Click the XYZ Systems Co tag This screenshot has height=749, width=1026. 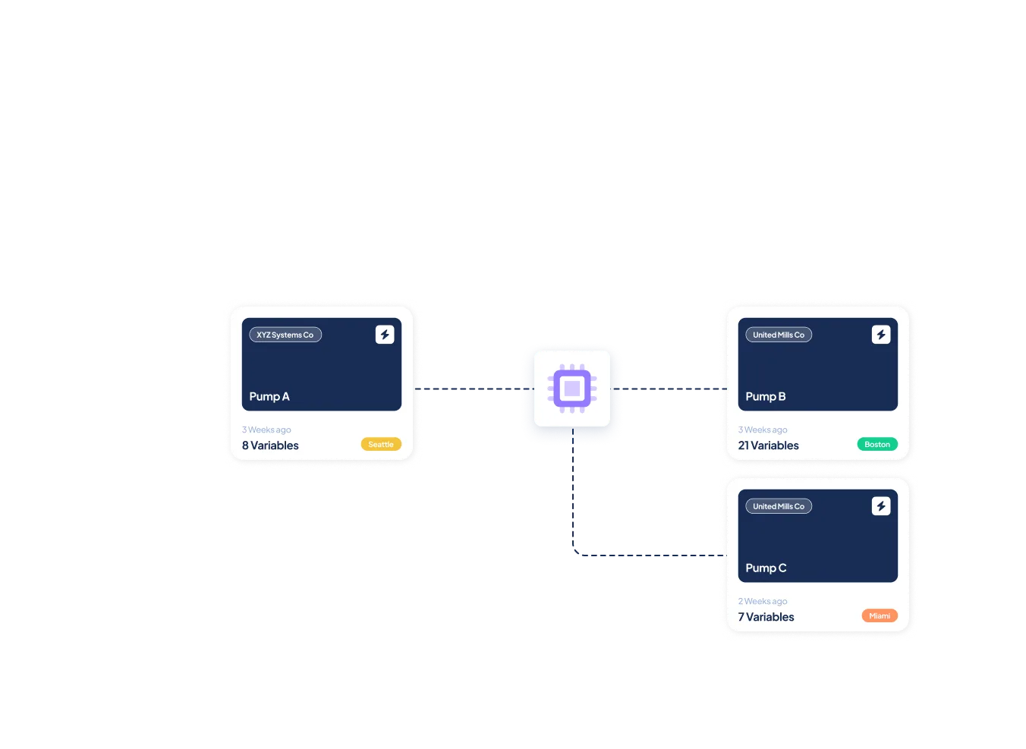click(x=285, y=335)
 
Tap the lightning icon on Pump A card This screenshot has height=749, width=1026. click(x=385, y=335)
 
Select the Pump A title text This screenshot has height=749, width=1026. click(x=269, y=396)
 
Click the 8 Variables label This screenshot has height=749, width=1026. click(x=270, y=445)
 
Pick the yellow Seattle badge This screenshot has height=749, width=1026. click(x=381, y=445)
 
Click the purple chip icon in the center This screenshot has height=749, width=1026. click(x=572, y=389)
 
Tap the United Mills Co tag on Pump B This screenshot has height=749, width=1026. click(x=779, y=335)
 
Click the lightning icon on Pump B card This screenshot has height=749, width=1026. click(x=881, y=335)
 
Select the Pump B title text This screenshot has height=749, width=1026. click(x=766, y=396)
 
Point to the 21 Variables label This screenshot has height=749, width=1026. click(x=769, y=445)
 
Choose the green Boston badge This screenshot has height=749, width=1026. click(x=877, y=445)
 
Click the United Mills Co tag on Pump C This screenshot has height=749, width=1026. click(x=779, y=506)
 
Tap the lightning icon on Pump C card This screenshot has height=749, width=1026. click(x=881, y=506)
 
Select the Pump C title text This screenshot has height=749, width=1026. click(x=766, y=568)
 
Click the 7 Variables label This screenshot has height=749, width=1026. click(x=766, y=617)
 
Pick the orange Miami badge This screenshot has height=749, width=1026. click(x=880, y=616)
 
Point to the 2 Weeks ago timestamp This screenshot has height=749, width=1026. click(x=763, y=601)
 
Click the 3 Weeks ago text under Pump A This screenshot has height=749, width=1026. click(x=266, y=430)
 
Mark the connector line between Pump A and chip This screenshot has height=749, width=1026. click(x=471, y=388)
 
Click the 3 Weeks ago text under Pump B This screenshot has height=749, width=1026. click(x=763, y=430)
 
